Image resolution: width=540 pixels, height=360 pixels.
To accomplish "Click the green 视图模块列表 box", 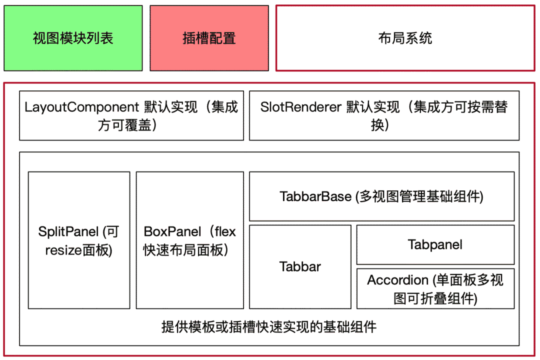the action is pyautogui.click(x=73, y=38).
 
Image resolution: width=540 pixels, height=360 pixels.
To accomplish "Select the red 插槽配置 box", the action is pyautogui.click(x=209, y=38).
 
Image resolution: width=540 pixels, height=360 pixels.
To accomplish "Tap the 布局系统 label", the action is pyautogui.click(x=405, y=38).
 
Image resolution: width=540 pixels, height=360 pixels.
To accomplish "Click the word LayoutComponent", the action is pyautogui.click(x=81, y=107).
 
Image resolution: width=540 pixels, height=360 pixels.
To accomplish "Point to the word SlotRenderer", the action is pyautogui.click(x=301, y=107).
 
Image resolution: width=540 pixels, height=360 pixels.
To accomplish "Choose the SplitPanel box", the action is pyautogui.click(x=79, y=240).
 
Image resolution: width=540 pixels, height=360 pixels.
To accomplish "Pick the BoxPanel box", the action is pyautogui.click(x=190, y=240).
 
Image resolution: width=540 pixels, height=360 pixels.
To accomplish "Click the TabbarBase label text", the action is pyautogui.click(x=381, y=196).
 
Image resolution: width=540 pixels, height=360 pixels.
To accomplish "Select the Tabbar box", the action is pyautogui.click(x=300, y=266).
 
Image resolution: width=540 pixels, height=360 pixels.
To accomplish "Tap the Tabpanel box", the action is pyautogui.click(x=435, y=244).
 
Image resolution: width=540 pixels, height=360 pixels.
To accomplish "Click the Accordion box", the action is pyautogui.click(x=435, y=288).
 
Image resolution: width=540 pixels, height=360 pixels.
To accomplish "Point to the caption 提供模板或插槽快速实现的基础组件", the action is pyautogui.click(x=269, y=327).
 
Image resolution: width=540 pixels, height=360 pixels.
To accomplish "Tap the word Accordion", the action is pyautogui.click(x=398, y=280).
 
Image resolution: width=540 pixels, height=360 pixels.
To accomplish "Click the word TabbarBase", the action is pyautogui.click(x=315, y=196).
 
